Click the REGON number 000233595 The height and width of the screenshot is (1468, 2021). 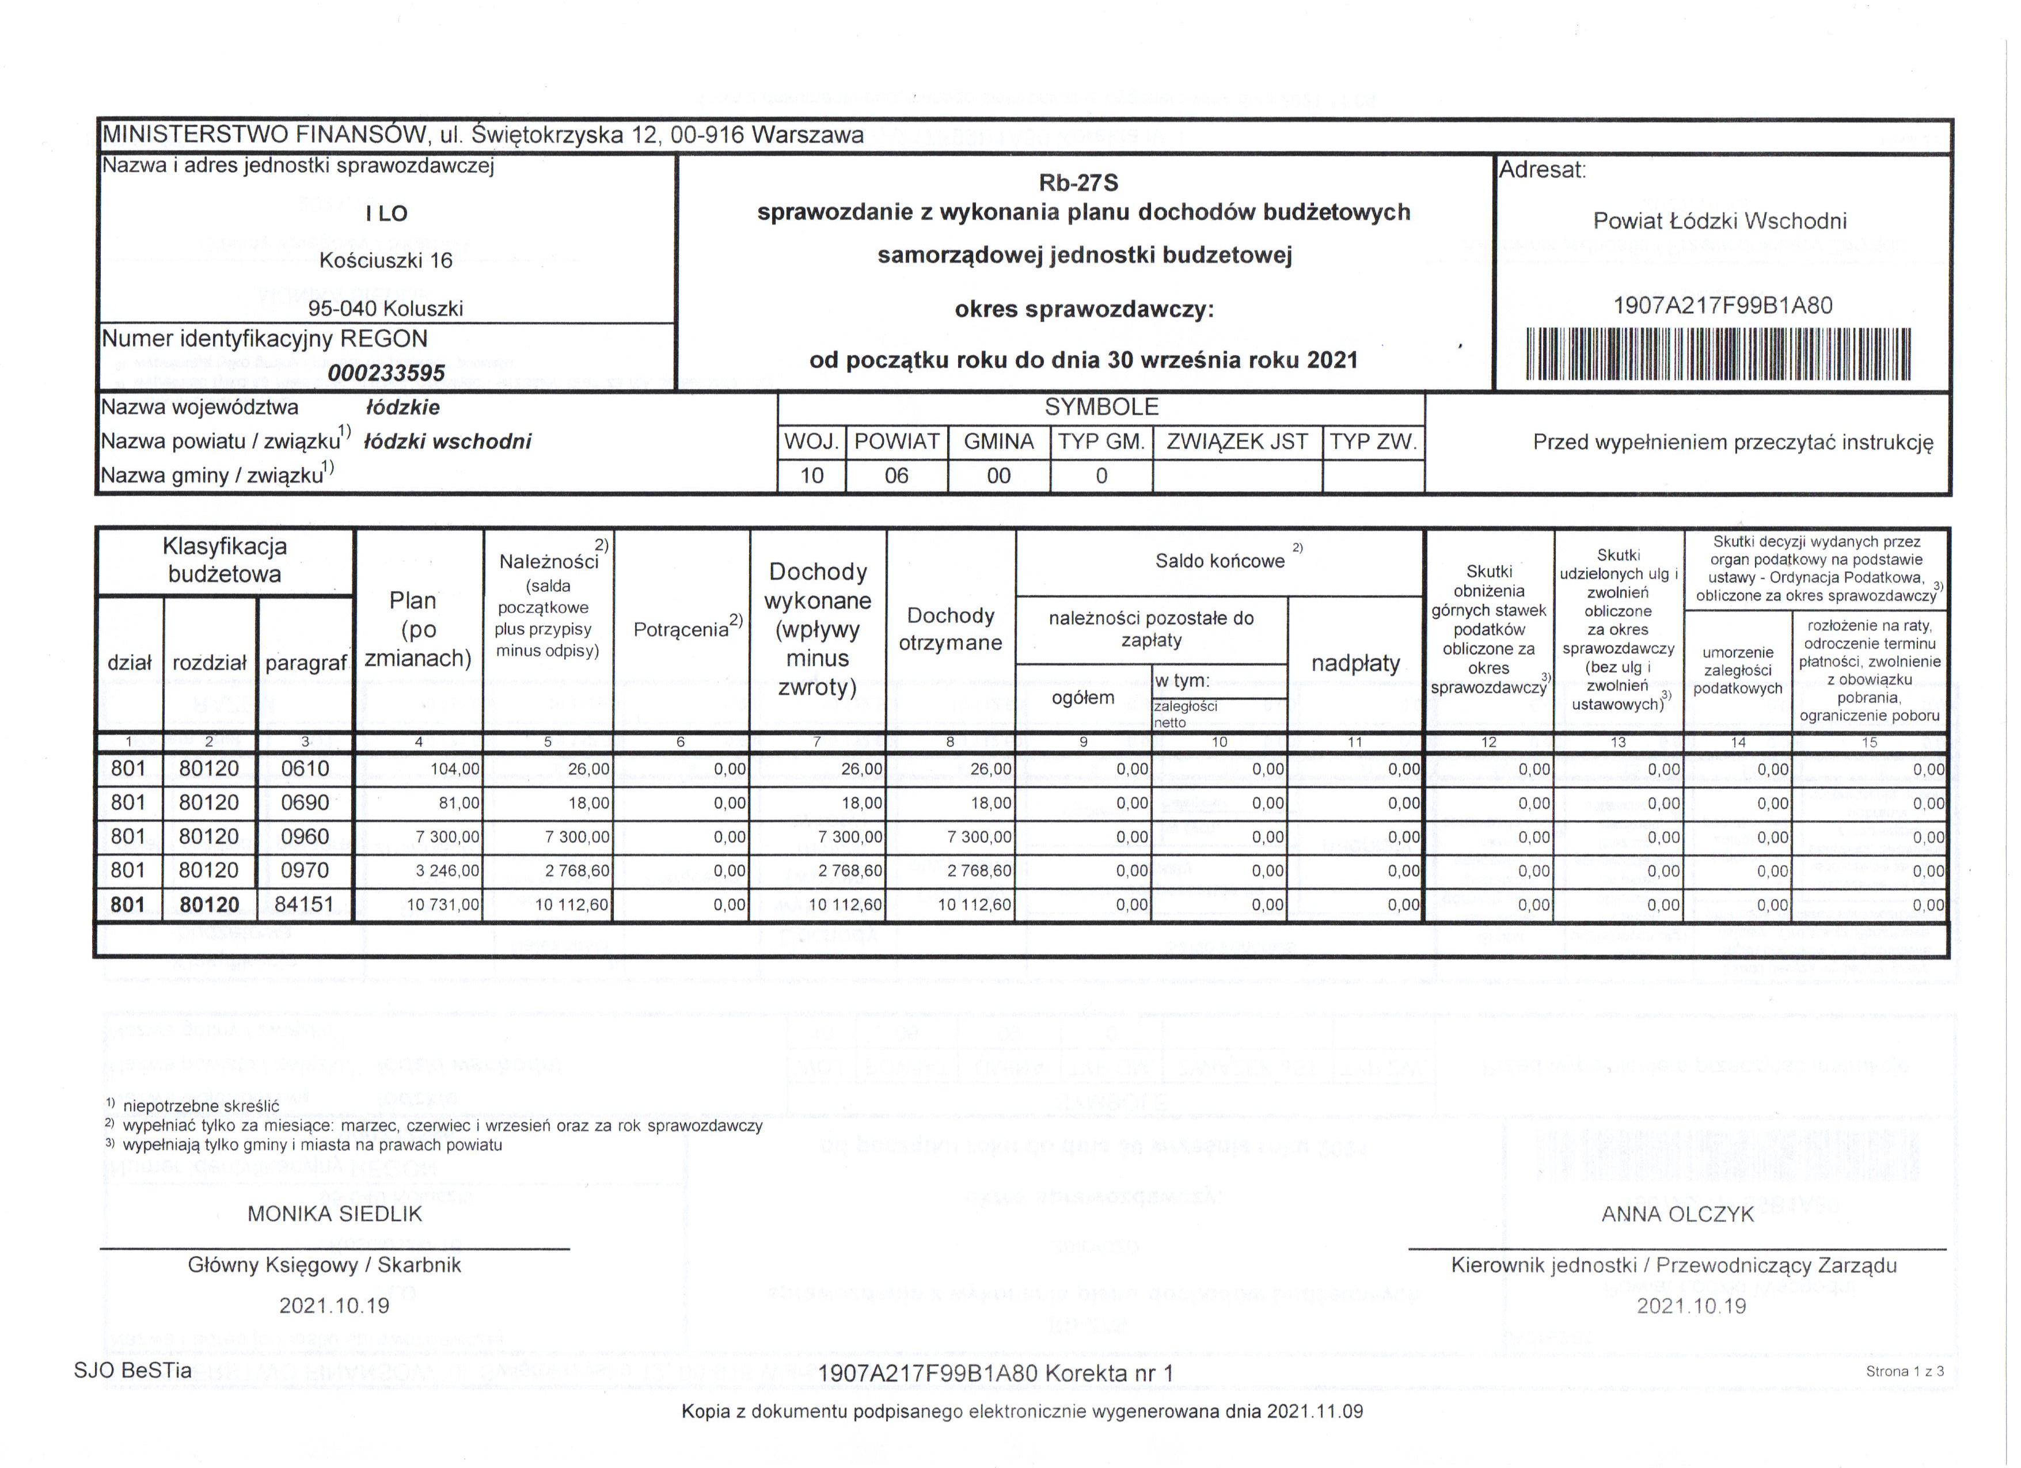pos(386,372)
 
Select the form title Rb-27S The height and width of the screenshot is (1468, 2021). pos(1078,184)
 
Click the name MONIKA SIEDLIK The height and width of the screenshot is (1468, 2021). pos(335,1214)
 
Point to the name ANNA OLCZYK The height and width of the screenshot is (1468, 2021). pos(1678,1214)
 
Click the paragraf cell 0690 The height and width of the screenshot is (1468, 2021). pos(305,803)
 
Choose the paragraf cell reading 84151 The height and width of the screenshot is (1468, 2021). pos(304,904)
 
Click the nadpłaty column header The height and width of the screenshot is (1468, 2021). pos(1355,664)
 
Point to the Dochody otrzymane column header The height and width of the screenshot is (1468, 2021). pos(950,629)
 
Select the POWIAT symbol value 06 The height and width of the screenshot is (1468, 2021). pos(896,476)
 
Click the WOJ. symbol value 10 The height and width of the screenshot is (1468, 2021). pos(812,476)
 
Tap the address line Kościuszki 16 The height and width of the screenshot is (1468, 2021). pos(386,261)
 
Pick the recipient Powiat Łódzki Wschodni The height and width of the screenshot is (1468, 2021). pos(1720,221)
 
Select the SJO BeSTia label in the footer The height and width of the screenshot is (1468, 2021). pos(133,1370)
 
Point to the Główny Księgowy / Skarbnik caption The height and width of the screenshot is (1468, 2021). pos(324,1265)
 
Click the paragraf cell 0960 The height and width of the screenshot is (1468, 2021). pos(305,836)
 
